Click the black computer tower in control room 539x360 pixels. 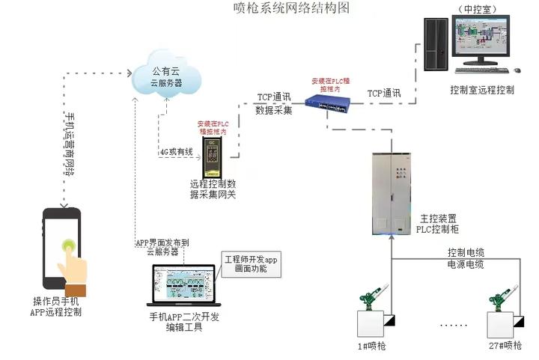click(x=436, y=43)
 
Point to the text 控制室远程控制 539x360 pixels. click(x=482, y=90)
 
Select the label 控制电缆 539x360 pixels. click(x=466, y=251)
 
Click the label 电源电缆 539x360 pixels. click(x=466, y=264)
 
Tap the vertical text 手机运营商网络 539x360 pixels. click(x=70, y=144)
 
